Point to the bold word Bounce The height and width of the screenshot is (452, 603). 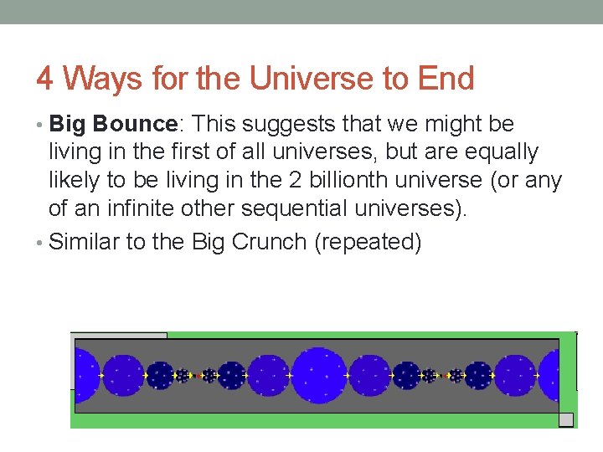point(134,124)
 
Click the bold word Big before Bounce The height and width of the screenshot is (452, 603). point(68,124)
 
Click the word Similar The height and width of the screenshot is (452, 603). point(85,242)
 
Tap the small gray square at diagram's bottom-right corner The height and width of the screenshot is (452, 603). point(566,419)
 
